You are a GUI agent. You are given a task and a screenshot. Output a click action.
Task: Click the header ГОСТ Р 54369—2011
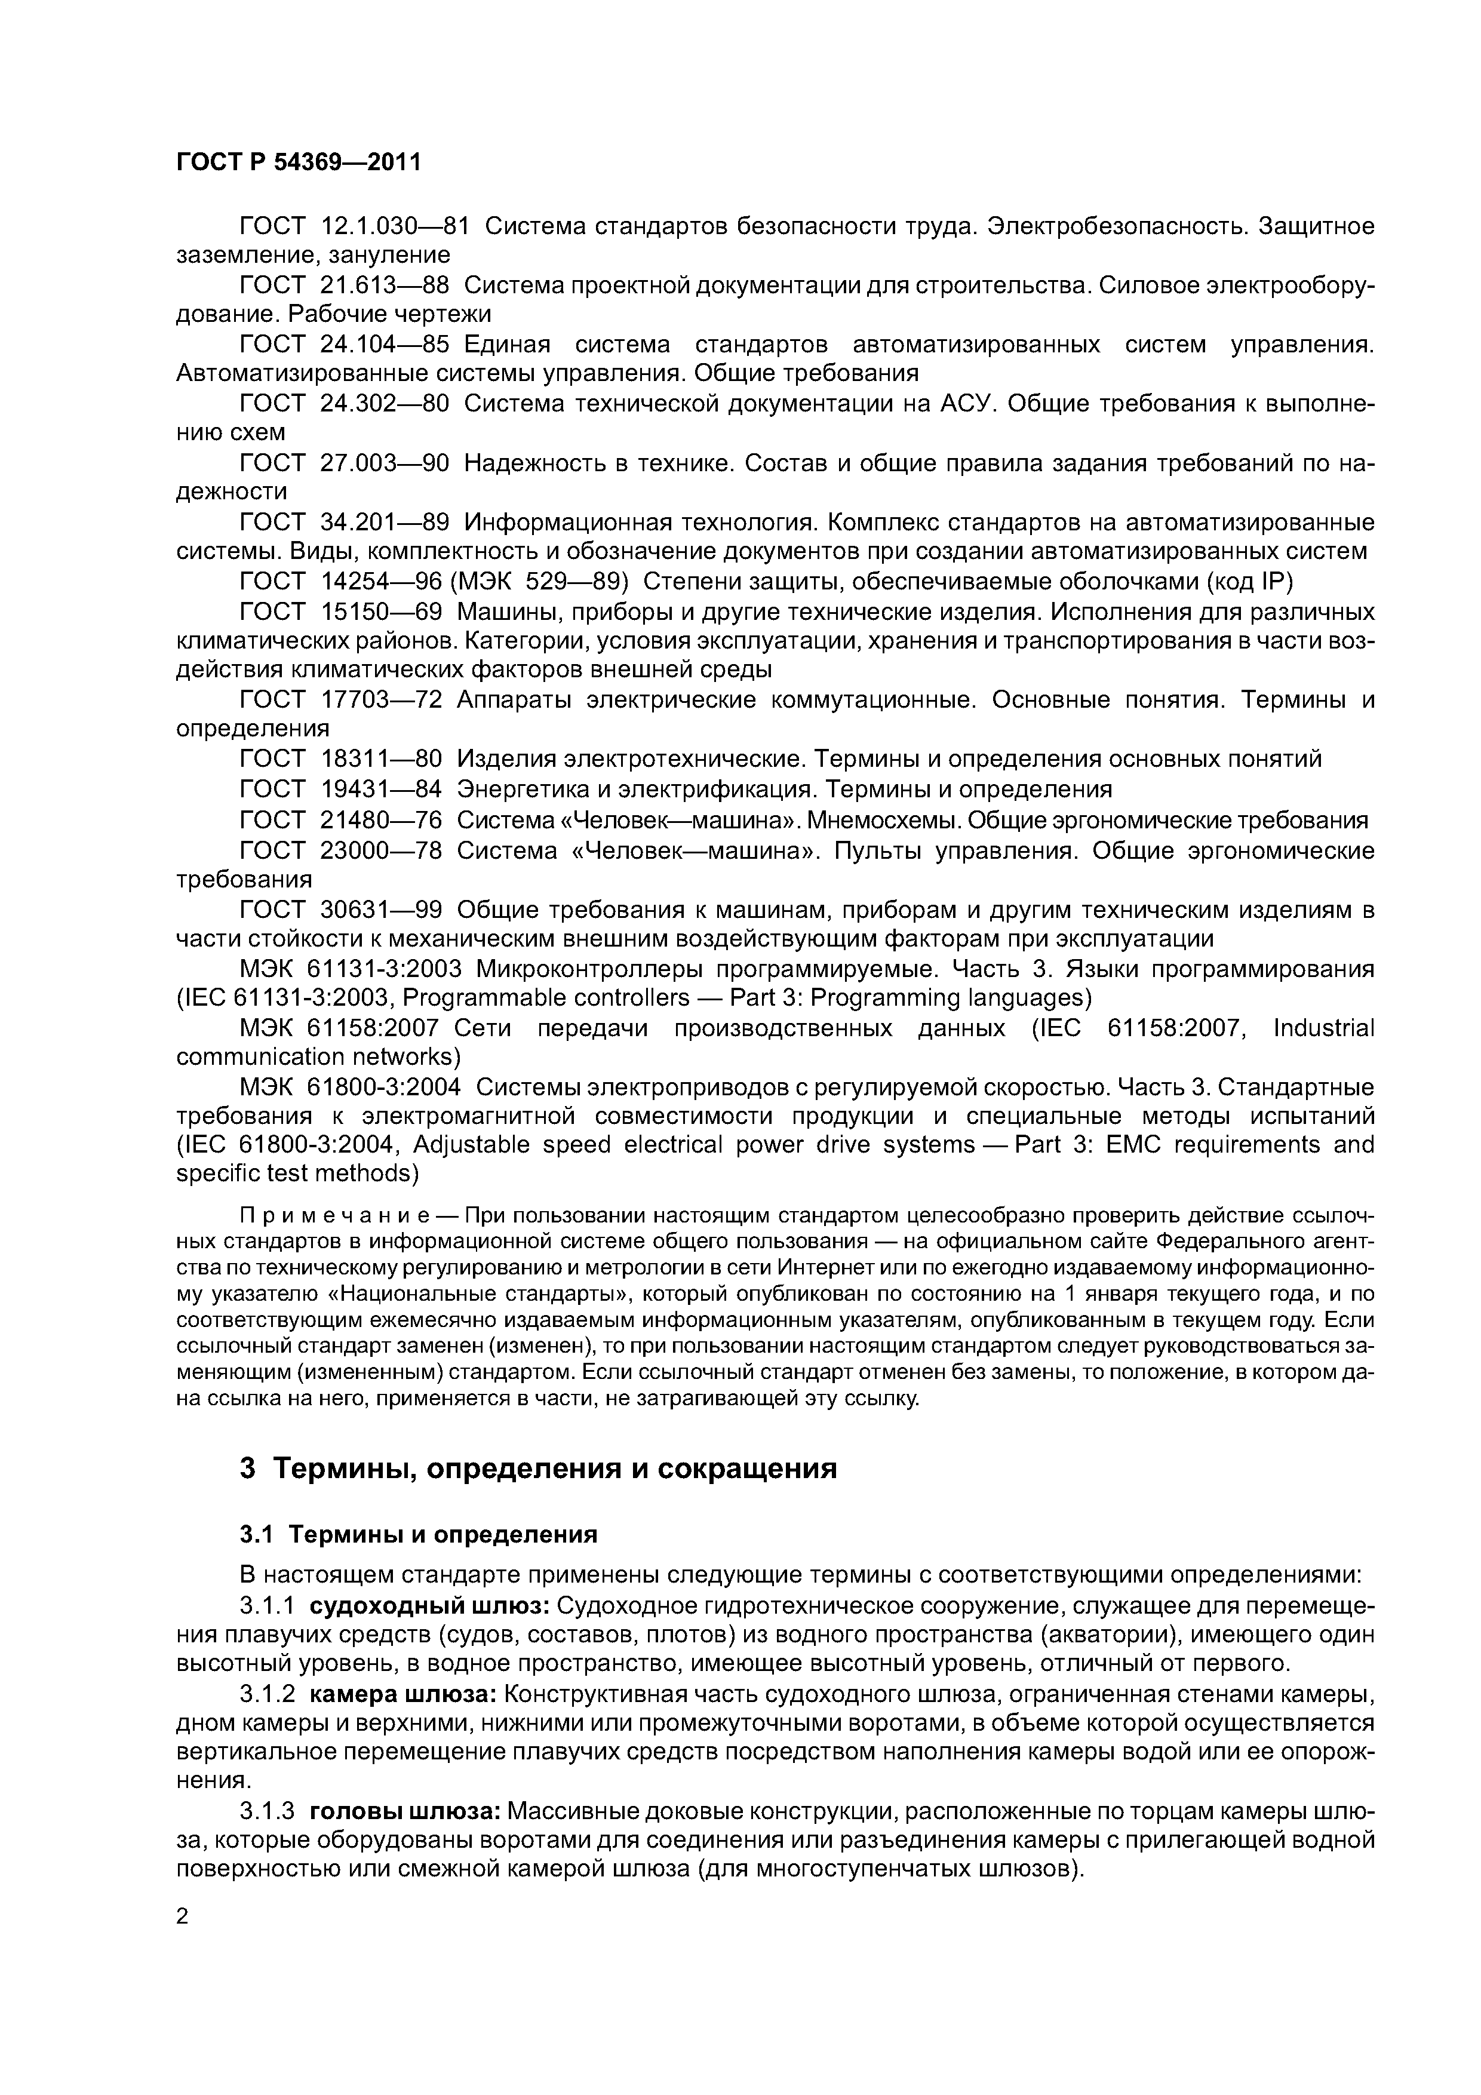click(299, 162)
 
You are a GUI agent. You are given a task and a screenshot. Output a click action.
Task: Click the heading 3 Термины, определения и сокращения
click(539, 1469)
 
